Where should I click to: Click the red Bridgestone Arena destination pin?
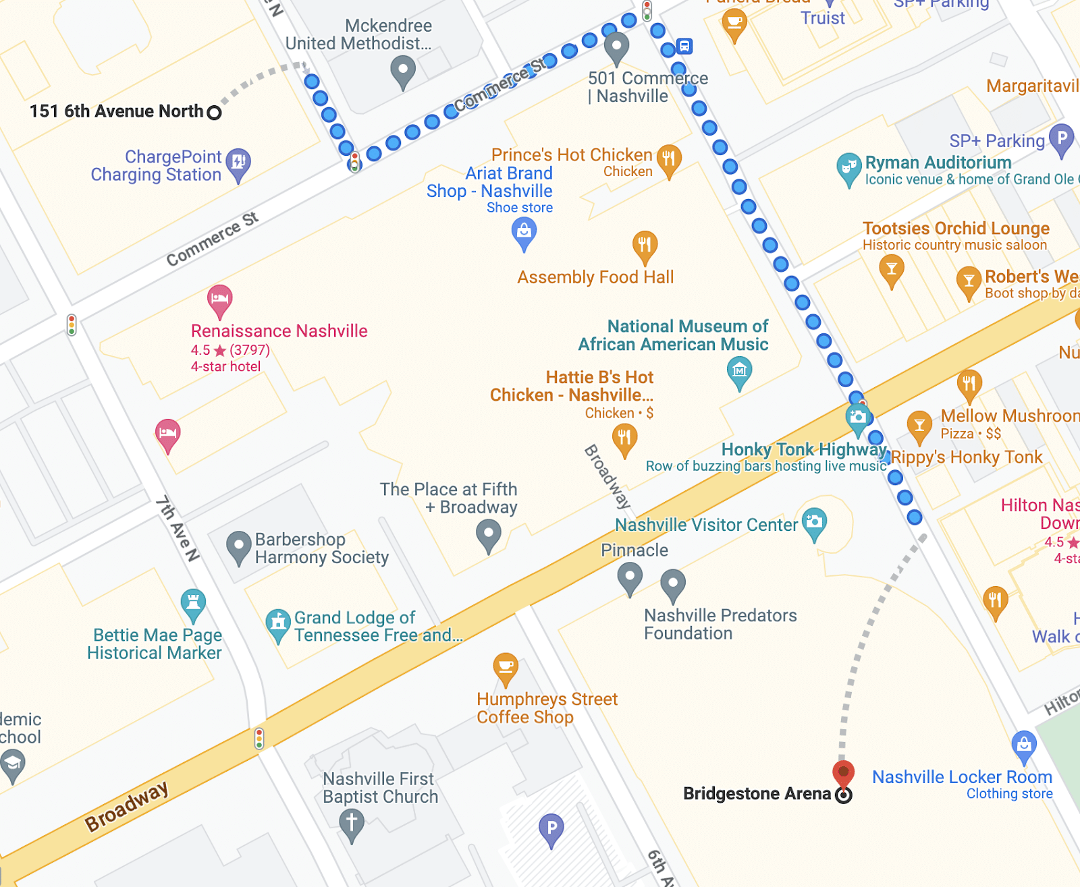coord(843,773)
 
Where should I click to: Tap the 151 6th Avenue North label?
coord(116,111)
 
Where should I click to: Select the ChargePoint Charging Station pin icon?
coord(238,163)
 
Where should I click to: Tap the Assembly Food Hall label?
coord(595,277)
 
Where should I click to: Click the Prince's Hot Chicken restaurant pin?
coord(668,160)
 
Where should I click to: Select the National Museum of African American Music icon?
coord(739,371)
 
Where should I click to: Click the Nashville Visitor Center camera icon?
coord(815,522)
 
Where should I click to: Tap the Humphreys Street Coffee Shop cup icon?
coord(506,667)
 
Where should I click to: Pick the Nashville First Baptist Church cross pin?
coord(351,823)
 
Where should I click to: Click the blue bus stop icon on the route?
coord(684,47)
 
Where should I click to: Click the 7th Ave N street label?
coord(178,530)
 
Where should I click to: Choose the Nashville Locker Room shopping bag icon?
coord(1024,745)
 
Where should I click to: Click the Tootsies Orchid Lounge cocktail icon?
coord(892,270)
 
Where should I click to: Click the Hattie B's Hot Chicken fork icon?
coord(624,438)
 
